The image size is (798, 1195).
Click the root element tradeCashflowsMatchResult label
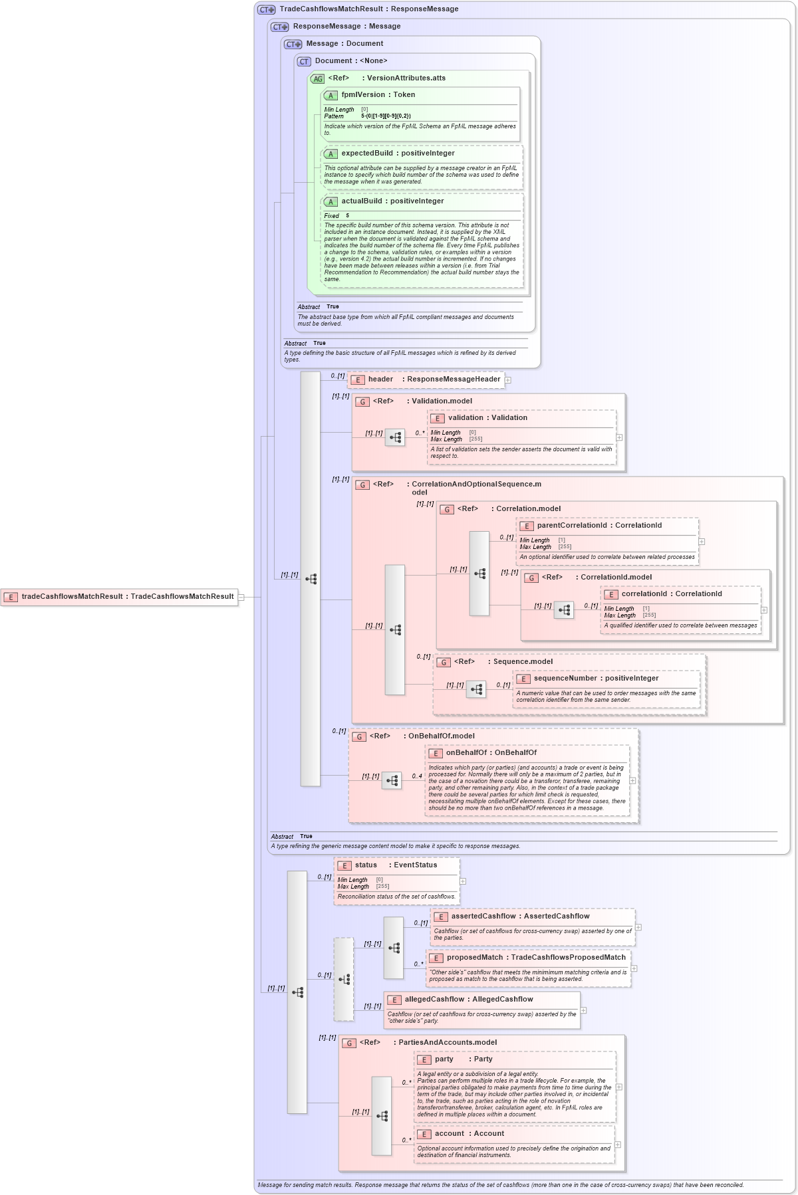pyautogui.click(x=127, y=596)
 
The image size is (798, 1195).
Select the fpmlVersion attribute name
pyautogui.click(x=378, y=95)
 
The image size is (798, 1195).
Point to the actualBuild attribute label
pyautogui.click(x=392, y=201)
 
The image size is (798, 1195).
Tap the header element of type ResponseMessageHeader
pyautogui.click(x=434, y=380)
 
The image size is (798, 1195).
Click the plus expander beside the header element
pyautogui.click(x=508, y=380)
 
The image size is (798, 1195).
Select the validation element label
pyautogui.click(x=487, y=418)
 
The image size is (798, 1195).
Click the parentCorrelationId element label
pyautogui.click(x=598, y=526)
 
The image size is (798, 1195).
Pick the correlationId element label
pyautogui.click(x=671, y=594)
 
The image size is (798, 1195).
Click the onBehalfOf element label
pyautogui.click(x=491, y=753)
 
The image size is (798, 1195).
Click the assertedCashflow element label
pyautogui.click(x=519, y=917)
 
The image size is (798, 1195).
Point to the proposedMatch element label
pyautogui.click(x=535, y=958)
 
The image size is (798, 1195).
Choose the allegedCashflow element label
pyautogui.click(x=468, y=1000)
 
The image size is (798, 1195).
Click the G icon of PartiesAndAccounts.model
pyautogui.click(x=349, y=1043)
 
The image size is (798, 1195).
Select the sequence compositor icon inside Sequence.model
pyautogui.click(x=476, y=689)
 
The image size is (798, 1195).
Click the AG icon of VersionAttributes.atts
pyautogui.click(x=318, y=78)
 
